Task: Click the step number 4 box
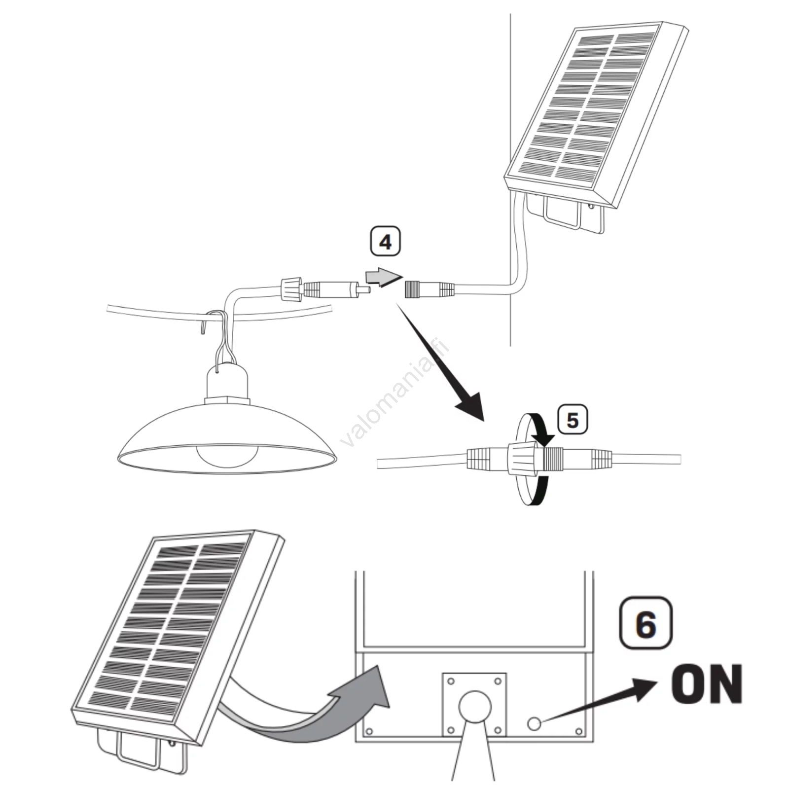pyautogui.click(x=385, y=242)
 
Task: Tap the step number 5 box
pyautogui.click(x=572, y=420)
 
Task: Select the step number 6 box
pyautogui.click(x=646, y=623)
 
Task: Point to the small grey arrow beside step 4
pyautogui.click(x=383, y=277)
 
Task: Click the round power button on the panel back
pyautogui.click(x=534, y=723)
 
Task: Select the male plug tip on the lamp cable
pyautogui.click(x=364, y=290)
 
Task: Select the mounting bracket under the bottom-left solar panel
pyautogui.click(x=141, y=752)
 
